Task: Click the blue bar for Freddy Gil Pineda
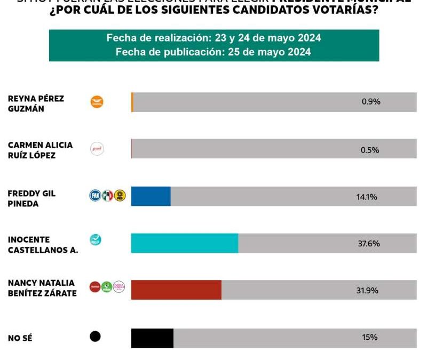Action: [x=151, y=196]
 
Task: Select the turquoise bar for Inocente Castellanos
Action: [x=185, y=243]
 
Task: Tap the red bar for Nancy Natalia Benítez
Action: [x=176, y=290]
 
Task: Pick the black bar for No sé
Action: [x=152, y=337]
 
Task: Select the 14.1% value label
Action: [x=367, y=197]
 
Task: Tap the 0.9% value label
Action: [x=371, y=101]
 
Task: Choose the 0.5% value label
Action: [x=370, y=150]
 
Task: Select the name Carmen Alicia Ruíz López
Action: [x=40, y=149]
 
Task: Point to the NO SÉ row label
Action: [x=20, y=338]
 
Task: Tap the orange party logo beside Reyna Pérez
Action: [x=97, y=102]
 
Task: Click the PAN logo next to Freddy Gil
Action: [x=95, y=196]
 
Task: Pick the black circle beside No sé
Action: [x=95, y=337]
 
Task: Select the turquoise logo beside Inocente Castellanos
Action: [x=96, y=240]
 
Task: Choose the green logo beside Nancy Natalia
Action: [x=107, y=287]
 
